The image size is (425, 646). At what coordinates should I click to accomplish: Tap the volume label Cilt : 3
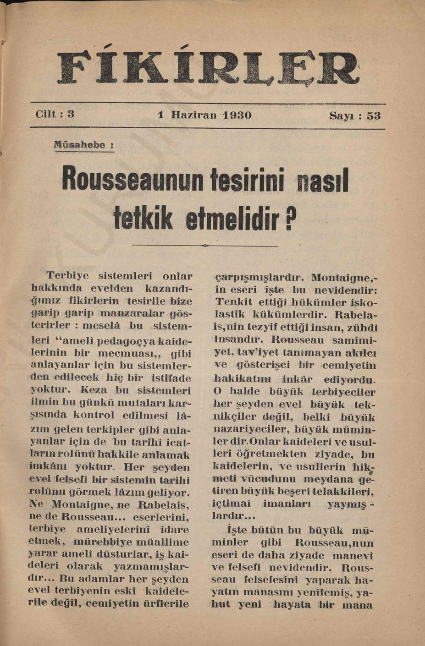55,114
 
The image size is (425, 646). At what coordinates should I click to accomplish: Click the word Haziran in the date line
193,115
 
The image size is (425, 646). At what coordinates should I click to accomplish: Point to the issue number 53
374,115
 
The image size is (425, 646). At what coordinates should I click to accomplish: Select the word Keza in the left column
94,391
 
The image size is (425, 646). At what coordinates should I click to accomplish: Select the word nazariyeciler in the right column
251,430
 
